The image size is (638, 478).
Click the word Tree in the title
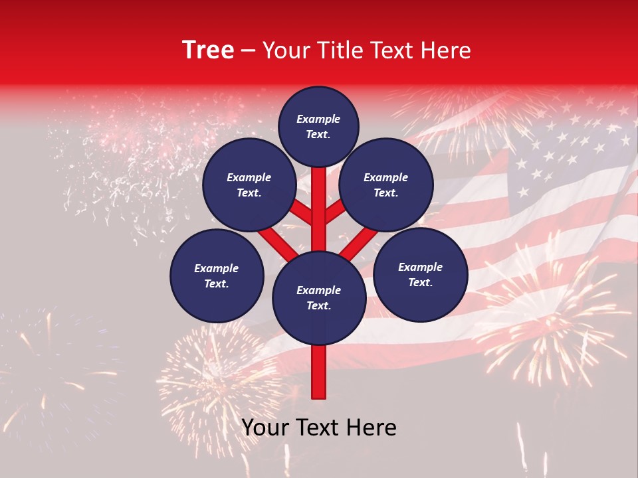coord(208,50)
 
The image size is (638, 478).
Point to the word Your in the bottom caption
coord(266,428)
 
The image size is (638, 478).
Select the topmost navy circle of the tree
coord(318,126)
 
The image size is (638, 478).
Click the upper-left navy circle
coord(249,185)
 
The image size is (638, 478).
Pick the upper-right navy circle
coord(386,185)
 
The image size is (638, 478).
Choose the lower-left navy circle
coord(217,276)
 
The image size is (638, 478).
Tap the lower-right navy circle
coord(420,274)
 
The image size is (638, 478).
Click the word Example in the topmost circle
coord(318,119)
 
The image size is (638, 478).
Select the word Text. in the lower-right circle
coord(420,282)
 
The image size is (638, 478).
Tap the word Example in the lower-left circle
coord(217,268)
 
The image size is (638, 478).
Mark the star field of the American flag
coord(565,153)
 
